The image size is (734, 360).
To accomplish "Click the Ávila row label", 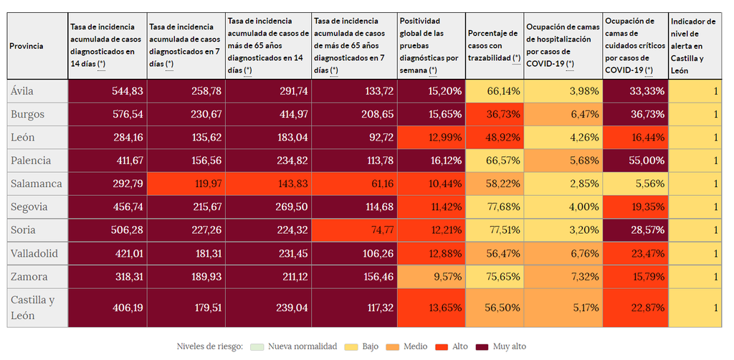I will [22, 91].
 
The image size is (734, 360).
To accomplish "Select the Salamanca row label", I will [36, 184].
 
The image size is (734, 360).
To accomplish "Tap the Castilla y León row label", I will [32, 308].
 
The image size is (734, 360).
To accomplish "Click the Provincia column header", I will [27, 46].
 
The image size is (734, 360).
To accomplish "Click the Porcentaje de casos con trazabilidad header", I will [494, 46].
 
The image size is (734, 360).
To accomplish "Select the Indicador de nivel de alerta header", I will [692, 46].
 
